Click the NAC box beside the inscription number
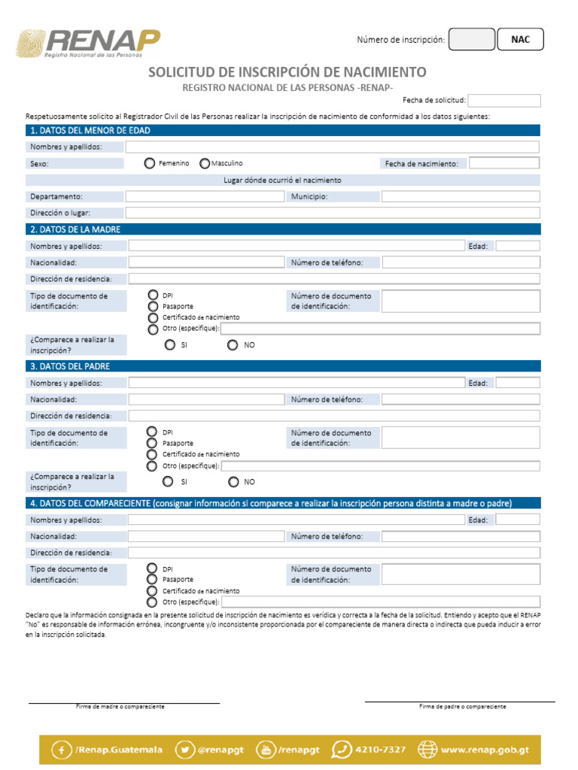tap(520, 40)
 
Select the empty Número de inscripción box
tap(471, 40)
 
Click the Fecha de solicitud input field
tap(503, 101)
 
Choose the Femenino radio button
tap(150, 163)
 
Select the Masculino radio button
tap(205, 163)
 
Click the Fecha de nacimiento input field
tap(503, 163)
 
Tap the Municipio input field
tap(460, 196)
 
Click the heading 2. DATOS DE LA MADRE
tap(75, 229)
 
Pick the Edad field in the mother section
tap(517, 246)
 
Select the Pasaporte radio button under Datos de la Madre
tap(153, 307)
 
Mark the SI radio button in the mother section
tap(170, 344)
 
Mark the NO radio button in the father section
tap(233, 481)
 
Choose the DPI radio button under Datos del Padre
tap(153, 432)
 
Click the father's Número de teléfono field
tap(460, 399)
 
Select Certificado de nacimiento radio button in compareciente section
tap(153, 591)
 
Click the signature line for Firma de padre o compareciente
tap(460, 701)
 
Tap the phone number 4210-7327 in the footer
tap(371, 750)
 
